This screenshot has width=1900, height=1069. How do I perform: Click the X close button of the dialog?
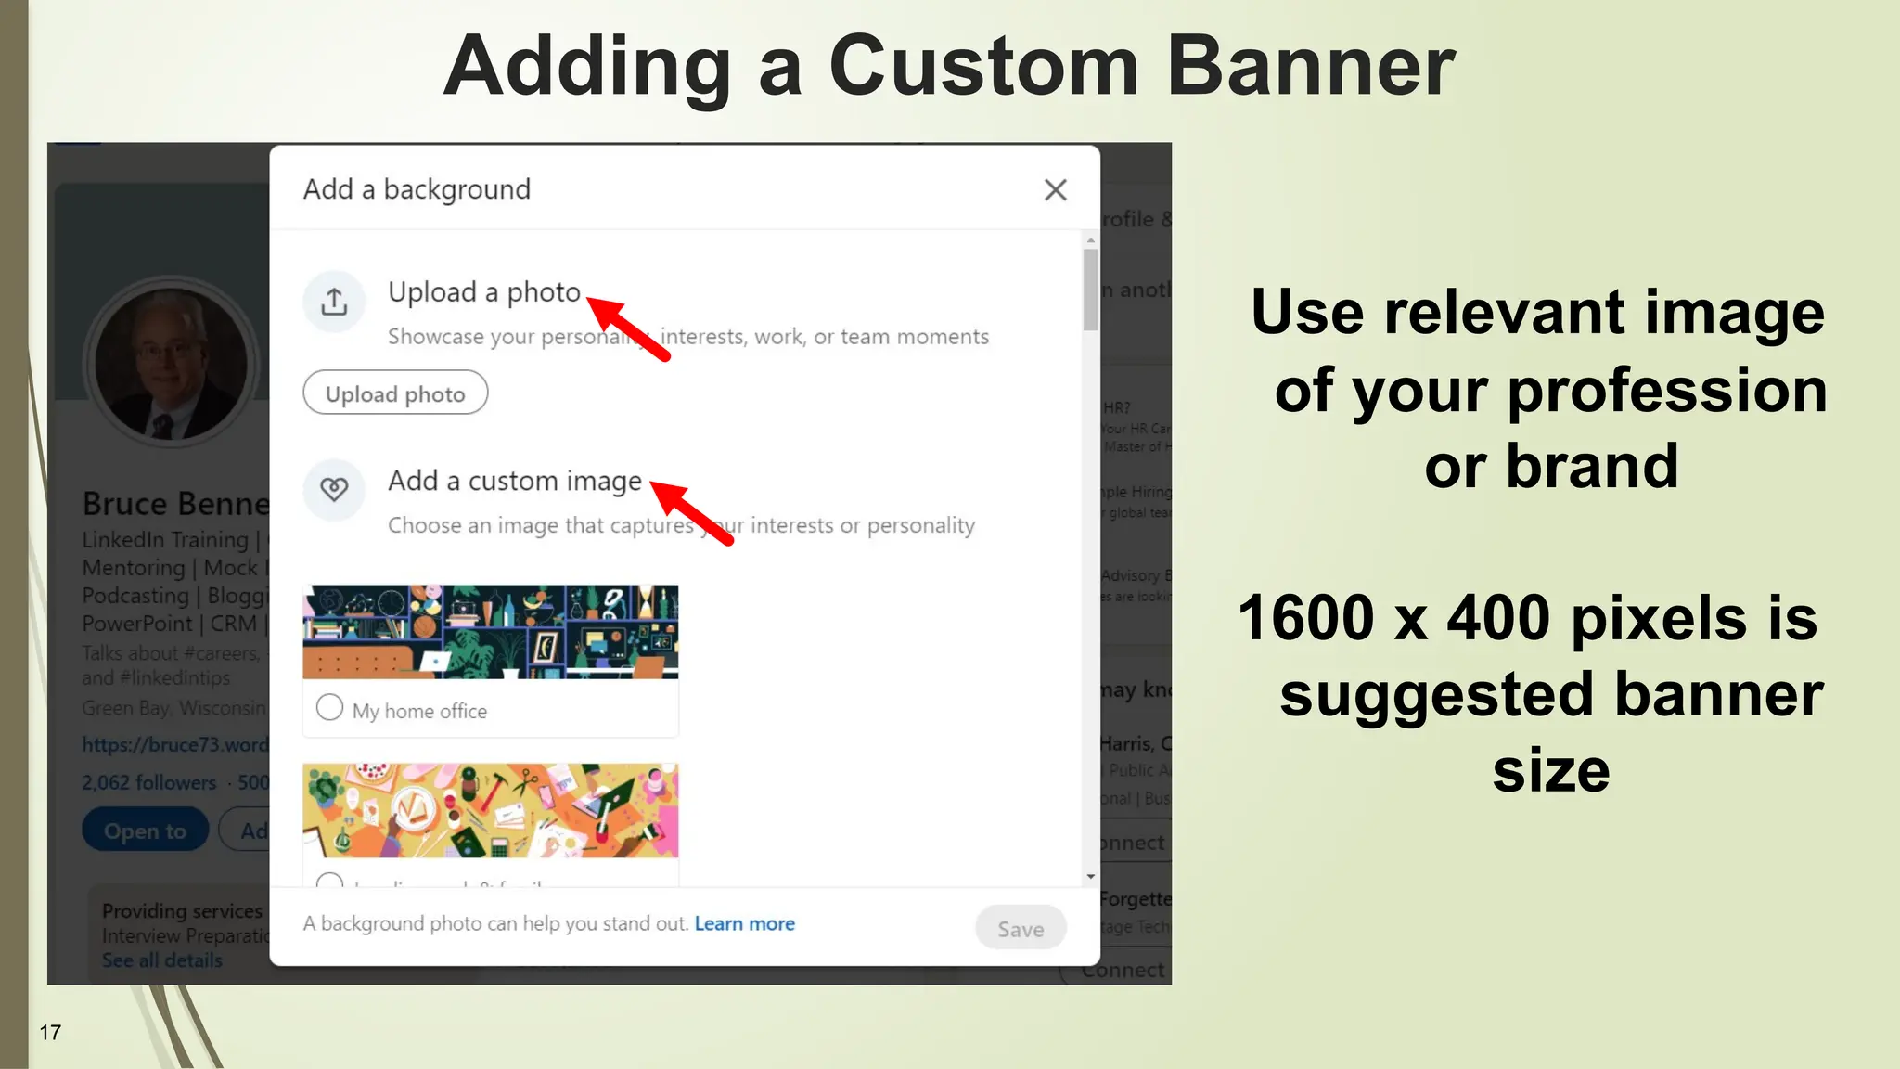point(1055,190)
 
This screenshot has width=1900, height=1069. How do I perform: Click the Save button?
point(1020,928)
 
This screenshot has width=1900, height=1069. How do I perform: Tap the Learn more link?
point(744,923)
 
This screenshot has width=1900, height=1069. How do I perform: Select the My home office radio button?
point(329,708)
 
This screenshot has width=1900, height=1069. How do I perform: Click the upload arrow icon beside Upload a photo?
point(334,302)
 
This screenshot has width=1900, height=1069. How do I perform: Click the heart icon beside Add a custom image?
point(334,489)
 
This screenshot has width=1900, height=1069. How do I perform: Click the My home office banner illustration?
point(490,632)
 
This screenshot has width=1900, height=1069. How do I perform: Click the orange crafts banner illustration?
point(490,810)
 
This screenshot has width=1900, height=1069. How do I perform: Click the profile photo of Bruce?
point(172,364)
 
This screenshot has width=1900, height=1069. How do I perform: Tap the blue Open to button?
point(145,831)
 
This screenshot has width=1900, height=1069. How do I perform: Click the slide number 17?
point(50,1032)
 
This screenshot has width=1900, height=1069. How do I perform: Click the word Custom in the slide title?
point(983,67)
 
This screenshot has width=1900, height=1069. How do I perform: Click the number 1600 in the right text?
point(1305,618)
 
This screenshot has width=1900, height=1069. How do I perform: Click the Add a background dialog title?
point(417,189)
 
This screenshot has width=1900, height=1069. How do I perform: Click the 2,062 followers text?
point(148,782)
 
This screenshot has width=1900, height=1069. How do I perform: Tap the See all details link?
point(161,960)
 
